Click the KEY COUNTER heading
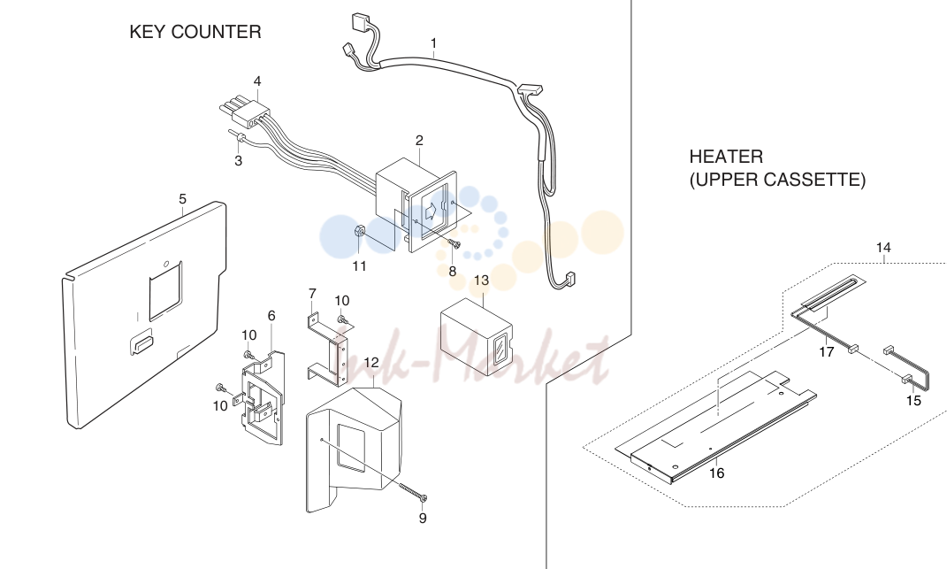coord(195,32)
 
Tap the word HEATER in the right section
coord(726,157)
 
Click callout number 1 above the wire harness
coord(433,43)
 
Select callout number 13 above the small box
coord(481,281)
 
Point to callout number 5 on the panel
coord(182,199)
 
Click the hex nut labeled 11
coord(357,231)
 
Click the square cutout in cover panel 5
coord(165,291)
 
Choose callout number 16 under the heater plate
coord(716,473)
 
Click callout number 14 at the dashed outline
coord(883,248)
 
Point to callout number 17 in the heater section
coord(826,352)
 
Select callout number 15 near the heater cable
coord(913,401)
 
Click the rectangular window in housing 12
coord(350,448)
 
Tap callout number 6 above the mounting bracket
coord(271,316)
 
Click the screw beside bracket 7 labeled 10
coord(342,319)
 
